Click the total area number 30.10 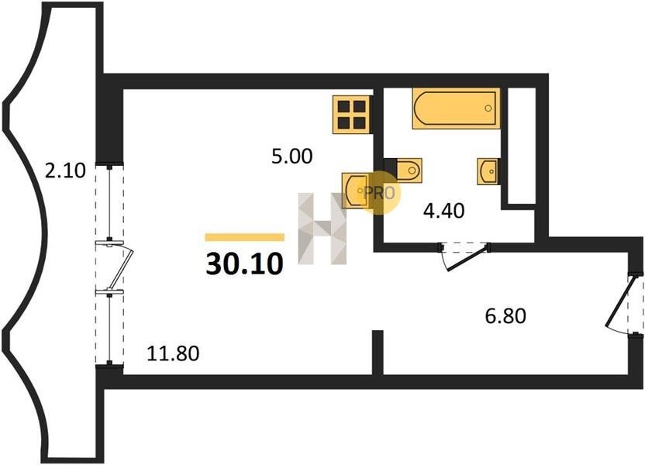244,263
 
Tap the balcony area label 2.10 65,170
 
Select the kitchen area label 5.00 292,157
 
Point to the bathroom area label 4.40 444,211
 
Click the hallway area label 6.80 505,316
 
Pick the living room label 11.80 173,353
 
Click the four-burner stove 353,115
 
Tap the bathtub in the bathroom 456,108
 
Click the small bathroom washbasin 489,171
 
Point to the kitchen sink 355,191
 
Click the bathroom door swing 465,257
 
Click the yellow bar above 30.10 245,237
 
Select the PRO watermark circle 379,192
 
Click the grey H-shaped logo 322,229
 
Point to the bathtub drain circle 488,108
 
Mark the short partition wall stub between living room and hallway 378,353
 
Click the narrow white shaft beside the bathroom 522,145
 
